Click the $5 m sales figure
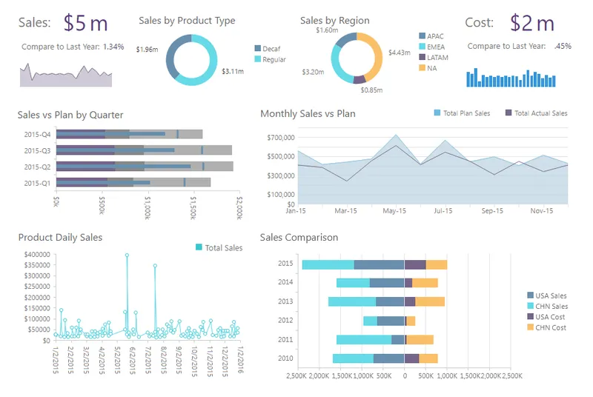click(85, 23)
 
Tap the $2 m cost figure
click(532, 23)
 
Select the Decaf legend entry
click(268, 49)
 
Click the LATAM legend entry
click(434, 58)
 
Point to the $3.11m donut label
click(233, 71)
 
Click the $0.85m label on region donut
click(371, 90)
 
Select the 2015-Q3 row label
click(37, 150)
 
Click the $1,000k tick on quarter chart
click(148, 207)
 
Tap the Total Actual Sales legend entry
click(536, 113)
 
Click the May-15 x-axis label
click(394, 211)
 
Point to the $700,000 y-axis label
click(281, 138)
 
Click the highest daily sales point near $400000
click(127, 256)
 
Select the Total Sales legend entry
click(219, 248)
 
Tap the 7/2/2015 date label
click(148, 360)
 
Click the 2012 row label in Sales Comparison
click(285, 320)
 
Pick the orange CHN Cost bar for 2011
click(420, 339)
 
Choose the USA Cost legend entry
click(546, 317)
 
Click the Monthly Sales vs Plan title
click(308, 114)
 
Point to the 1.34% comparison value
click(113, 47)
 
